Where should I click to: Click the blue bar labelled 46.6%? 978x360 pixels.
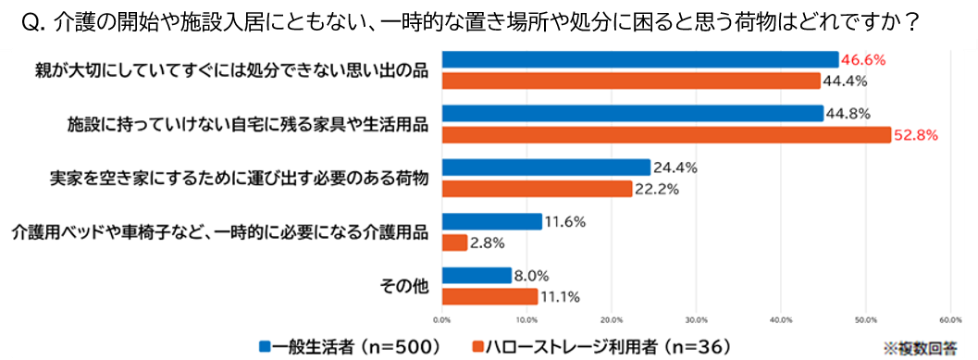640,59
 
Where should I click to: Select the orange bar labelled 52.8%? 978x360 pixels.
666,135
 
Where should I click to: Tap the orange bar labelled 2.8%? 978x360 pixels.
454,242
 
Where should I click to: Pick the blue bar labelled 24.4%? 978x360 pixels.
546,168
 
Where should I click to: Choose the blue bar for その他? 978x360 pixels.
477,275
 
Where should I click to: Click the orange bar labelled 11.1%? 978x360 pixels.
489,296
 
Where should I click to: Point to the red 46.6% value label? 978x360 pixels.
864,60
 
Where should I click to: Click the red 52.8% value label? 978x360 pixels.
916,135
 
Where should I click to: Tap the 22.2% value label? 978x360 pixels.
656,190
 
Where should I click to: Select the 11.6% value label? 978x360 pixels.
563,221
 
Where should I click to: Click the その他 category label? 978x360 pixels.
404,286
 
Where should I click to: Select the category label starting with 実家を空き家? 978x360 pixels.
240,179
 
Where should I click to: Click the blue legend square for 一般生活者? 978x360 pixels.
265,345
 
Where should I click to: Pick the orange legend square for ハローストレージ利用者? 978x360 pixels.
478,345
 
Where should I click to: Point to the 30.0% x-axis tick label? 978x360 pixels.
696,320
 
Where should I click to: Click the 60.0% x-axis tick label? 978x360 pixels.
950,320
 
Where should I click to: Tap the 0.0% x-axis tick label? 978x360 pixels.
441,320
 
